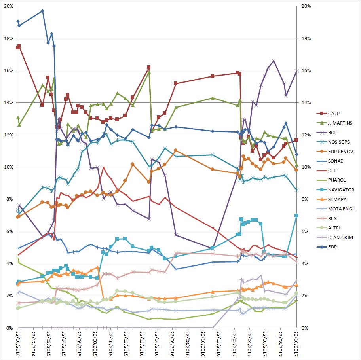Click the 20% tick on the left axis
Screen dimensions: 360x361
tap(8, 6)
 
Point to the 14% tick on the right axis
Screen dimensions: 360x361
tap(306, 103)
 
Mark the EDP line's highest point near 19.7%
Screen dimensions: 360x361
tap(43, 11)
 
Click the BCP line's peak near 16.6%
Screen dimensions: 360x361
tap(274, 61)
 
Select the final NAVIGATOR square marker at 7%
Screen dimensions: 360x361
tap(296, 215)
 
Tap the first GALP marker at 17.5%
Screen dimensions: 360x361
tap(19, 46)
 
